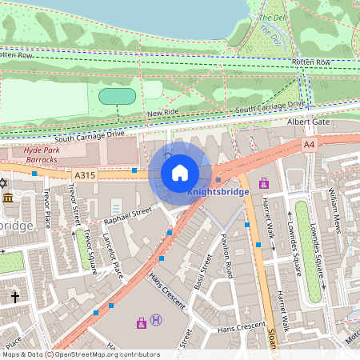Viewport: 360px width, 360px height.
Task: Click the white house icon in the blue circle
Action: click(x=180, y=173)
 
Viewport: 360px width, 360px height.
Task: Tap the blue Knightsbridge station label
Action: click(x=218, y=192)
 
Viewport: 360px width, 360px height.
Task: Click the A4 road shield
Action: click(x=309, y=144)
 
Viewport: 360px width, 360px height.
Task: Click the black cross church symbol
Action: click(x=14, y=298)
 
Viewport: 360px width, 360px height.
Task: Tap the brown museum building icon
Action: click(x=8, y=198)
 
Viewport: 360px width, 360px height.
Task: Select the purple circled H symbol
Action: click(x=157, y=320)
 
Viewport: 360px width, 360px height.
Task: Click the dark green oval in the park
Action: click(x=118, y=96)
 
